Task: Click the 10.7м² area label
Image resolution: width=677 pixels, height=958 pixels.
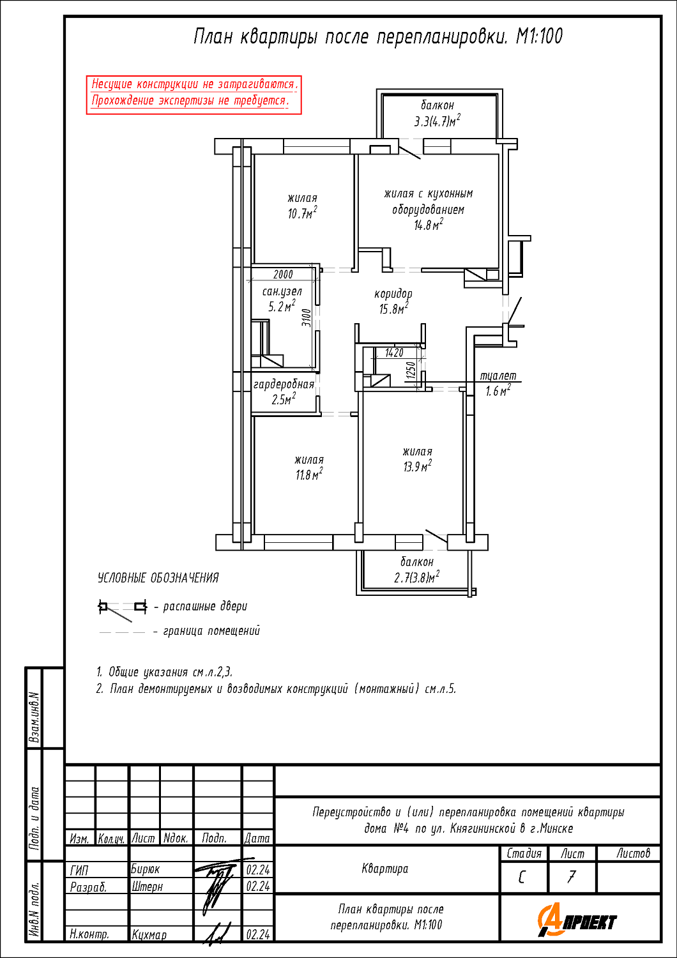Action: tap(302, 213)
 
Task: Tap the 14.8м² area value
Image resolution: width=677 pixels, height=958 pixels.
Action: tap(428, 225)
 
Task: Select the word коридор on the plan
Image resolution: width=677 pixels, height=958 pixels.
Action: tap(393, 294)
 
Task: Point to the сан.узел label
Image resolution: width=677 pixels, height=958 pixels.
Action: tap(282, 291)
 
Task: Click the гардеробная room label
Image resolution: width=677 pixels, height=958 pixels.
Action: tap(284, 384)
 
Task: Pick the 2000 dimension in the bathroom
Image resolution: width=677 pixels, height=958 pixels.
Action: tap(283, 275)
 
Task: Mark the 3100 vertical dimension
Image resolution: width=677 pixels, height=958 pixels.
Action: tap(307, 317)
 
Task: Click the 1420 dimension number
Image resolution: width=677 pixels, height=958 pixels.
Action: tap(394, 353)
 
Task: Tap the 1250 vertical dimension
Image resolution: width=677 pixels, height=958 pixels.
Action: tap(411, 369)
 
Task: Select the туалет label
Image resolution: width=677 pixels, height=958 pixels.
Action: tap(498, 376)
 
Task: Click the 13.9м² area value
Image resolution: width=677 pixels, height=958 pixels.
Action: tap(417, 466)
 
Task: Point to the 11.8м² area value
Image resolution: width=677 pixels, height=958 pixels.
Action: tap(308, 475)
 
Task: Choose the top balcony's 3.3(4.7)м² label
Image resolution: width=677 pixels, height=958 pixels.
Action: tap(437, 121)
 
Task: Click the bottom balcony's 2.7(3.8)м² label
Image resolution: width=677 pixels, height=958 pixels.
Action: tap(416, 578)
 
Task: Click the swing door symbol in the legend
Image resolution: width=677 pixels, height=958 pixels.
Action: tap(122, 609)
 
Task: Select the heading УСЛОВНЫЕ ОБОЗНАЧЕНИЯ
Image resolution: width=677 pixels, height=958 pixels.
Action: tap(158, 578)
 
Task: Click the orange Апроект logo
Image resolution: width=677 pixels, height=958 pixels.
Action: tap(577, 920)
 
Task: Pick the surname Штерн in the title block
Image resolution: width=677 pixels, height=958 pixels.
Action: tap(147, 886)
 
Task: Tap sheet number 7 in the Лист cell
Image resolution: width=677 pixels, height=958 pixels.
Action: tap(572, 877)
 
